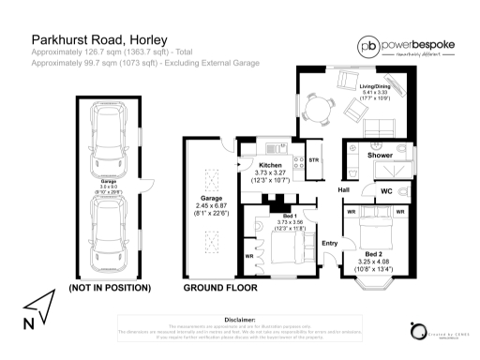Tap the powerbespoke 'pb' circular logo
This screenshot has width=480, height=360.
(367, 46)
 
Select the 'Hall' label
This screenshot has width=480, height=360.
(345, 191)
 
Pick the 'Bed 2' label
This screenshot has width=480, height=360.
(373, 253)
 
